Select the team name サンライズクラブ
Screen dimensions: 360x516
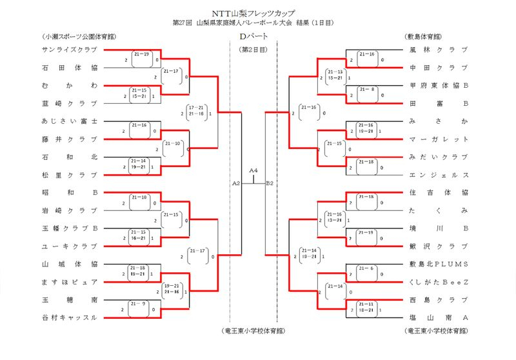click(x=68, y=50)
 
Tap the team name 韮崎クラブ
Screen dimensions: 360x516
click(x=68, y=103)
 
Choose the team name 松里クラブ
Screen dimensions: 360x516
click(x=68, y=175)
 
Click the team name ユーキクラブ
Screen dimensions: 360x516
click(x=68, y=246)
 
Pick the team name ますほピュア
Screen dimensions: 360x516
click(x=68, y=282)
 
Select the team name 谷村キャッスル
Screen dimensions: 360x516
click(x=68, y=317)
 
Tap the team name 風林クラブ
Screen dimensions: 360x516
click(x=438, y=50)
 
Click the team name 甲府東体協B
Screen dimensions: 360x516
click(x=438, y=85)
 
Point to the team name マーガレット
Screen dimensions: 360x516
click(x=438, y=139)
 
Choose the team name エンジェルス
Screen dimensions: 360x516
click(x=438, y=175)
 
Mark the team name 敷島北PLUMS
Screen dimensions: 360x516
click(x=438, y=264)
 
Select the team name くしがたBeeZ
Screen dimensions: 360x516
click(x=438, y=282)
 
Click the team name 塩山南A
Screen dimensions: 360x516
click(x=438, y=317)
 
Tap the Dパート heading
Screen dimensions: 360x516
click(x=253, y=36)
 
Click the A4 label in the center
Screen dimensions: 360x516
click(x=253, y=170)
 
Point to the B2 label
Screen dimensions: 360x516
click(x=270, y=184)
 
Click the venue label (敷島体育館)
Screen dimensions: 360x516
click(x=428, y=36)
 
